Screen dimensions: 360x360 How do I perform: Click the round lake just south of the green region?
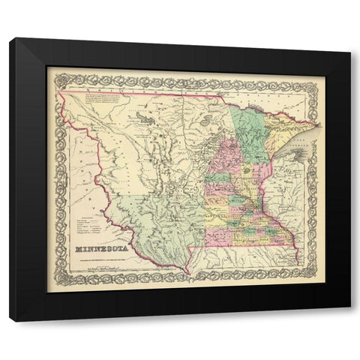click(247, 171)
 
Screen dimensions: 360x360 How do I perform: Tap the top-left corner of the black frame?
click(10, 39)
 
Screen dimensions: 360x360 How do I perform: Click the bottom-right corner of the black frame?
click(349, 321)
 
